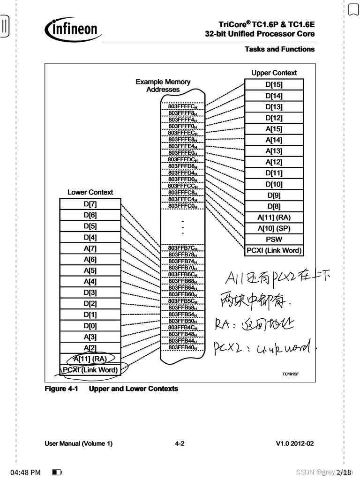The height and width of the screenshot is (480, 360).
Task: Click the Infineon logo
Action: [x=73, y=29]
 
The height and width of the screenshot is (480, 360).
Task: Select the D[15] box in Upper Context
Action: [x=274, y=85]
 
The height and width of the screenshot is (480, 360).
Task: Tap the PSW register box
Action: [x=274, y=240]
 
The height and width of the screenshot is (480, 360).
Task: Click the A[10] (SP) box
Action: [x=274, y=228]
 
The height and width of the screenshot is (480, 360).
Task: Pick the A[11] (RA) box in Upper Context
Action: [x=274, y=217]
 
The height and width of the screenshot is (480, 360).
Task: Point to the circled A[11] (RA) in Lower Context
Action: [x=90, y=359]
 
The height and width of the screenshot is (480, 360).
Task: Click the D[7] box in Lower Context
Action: [x=90, y=204]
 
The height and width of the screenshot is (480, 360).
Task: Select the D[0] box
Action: [x=90, y=326]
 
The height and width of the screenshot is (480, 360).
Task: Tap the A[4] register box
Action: [x=90, y=281]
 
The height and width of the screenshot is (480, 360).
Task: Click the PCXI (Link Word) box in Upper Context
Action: [x=274, y=250]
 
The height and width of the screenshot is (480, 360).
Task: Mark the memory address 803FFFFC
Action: [x=183, y=106]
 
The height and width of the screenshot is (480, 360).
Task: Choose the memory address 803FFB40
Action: [x=183, y=347]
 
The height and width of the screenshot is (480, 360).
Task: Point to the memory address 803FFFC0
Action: [x=183, y=206]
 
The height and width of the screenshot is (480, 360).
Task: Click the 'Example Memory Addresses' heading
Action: [x=163, y=85]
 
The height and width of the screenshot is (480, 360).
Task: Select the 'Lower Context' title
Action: [x=90, y=192]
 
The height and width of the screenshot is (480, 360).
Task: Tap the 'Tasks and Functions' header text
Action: [x=279, y=49]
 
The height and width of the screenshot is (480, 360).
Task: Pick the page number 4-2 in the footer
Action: [x=180, y=443]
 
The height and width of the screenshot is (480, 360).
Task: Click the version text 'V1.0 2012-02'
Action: [x=295, y=443]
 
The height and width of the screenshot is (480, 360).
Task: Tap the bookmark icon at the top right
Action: [x=353, y=9]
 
